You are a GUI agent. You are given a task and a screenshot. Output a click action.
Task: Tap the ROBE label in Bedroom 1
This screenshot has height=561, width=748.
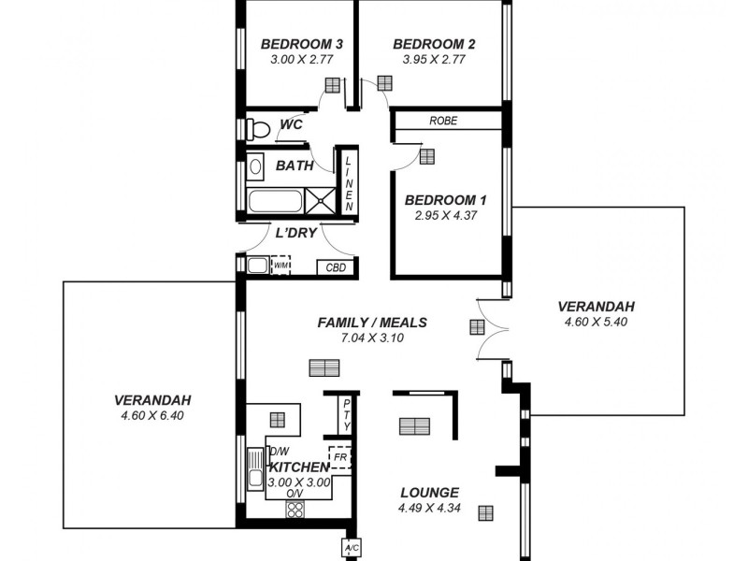pyautogui.click(x=443, y=121)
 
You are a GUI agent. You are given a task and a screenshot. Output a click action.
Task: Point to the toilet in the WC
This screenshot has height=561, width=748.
pyautogui.click(x=256, y=129)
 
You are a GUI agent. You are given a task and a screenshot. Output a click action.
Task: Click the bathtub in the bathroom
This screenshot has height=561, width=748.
pyautogui.click(x=275, y=200)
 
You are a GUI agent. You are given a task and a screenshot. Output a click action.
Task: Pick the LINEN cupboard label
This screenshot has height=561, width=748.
pyautogui.click(x=348, y=182)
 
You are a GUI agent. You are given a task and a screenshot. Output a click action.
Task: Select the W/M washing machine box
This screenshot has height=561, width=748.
pyautogui.click(x=280, y=266)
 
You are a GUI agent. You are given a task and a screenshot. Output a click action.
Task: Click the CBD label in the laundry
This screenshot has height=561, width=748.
pyautogui.click(x=336, y=267)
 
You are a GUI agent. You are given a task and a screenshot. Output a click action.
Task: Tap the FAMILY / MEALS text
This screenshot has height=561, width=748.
pyautogui.click(x=372, y=323)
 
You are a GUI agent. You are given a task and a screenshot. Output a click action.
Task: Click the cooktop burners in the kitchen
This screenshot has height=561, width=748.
pyautogui.click(x=295, y=511)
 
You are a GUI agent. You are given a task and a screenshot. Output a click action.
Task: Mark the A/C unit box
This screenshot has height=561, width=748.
pyautogui.click(x=352, y=547)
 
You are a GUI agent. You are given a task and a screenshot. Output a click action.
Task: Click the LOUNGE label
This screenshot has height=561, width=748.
pyautogui.click(x=429, y=493)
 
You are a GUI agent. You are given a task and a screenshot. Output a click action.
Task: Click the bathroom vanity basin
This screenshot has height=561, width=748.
pyautogui.click(x=255, y=169)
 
